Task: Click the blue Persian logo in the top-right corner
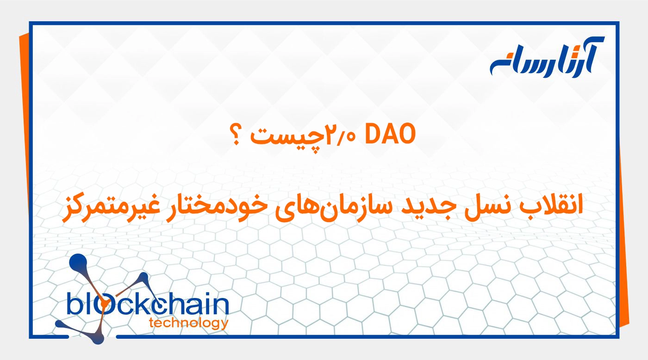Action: point(546,57)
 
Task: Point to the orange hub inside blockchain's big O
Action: point(106,304)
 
